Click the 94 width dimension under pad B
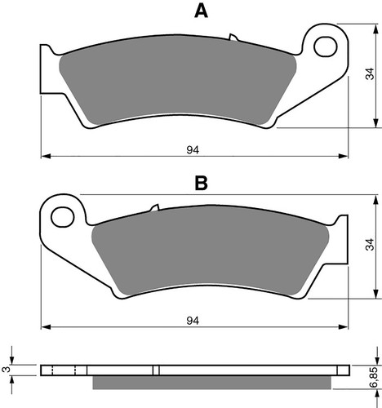pos(193,320)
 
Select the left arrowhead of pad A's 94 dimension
pos(46,155)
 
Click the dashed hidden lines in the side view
pos(64,370)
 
